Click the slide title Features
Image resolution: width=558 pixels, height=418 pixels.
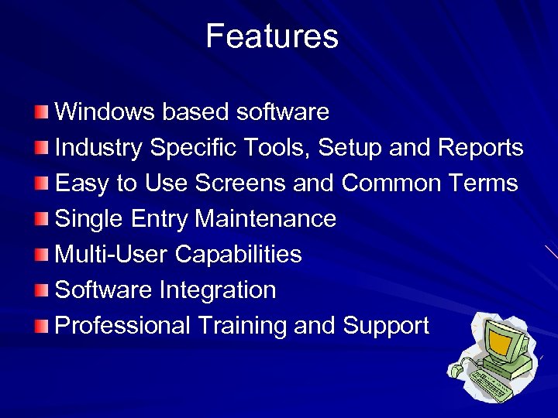tap(272, 36)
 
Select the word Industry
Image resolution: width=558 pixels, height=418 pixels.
tap(100, 148)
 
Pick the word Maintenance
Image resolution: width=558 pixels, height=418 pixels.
tap(265, 219)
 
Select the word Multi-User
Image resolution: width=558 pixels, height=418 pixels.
tap(112, 255)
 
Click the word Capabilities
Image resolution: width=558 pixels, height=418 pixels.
tap(239, 255)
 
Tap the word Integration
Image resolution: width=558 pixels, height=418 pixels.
tap(218, 290)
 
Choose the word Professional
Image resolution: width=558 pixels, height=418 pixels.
tap(122, 326)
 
